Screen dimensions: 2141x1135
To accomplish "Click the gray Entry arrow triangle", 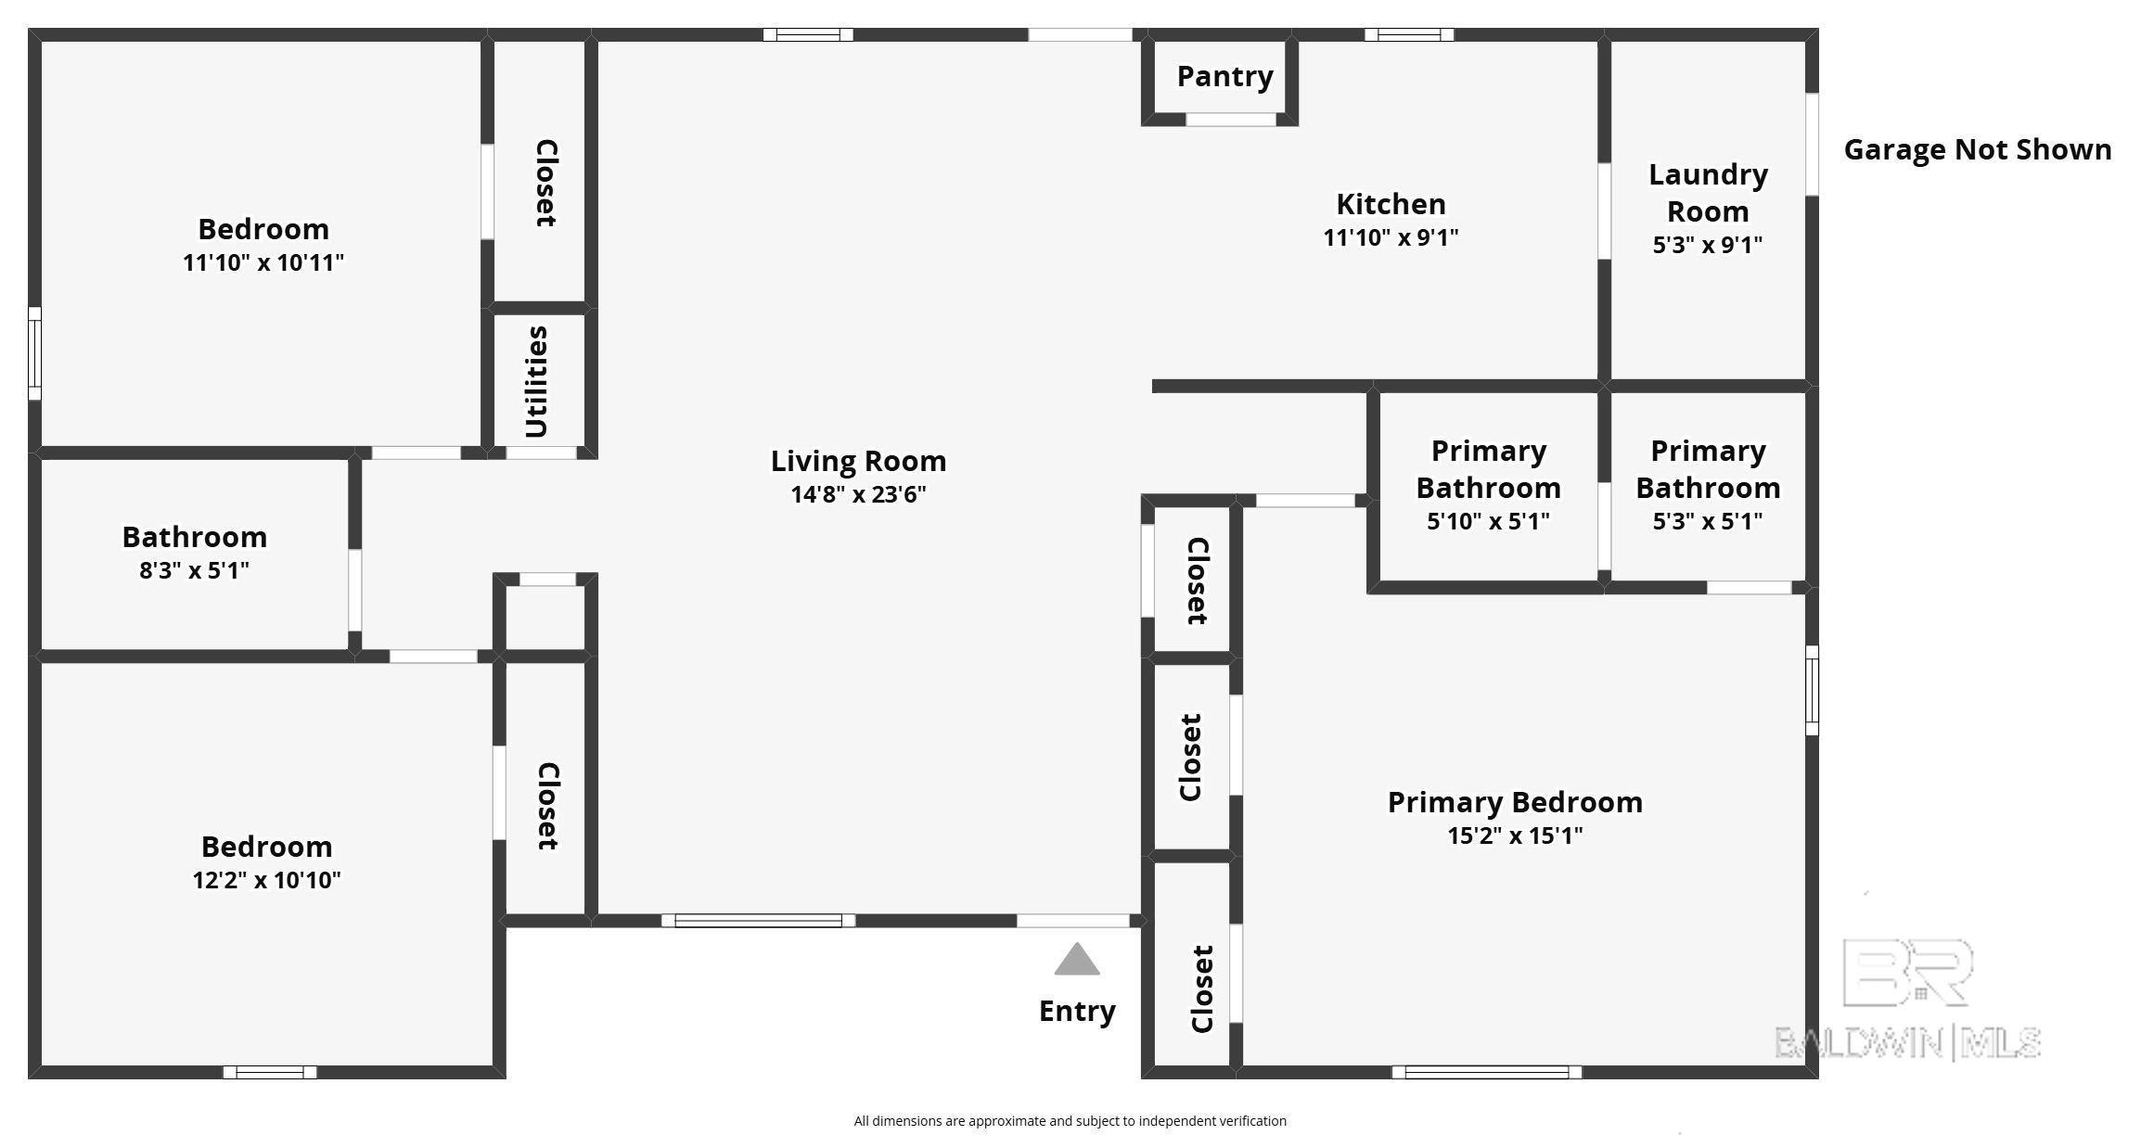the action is (1077, 960).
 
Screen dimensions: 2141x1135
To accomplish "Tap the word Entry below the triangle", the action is (1077, 1011).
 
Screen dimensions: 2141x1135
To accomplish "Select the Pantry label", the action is (1224, 77).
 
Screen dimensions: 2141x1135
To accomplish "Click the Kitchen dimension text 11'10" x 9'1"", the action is (1391, 237).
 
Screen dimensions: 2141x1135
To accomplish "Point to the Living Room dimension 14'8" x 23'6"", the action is (858, 494).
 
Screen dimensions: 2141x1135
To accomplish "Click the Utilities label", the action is (537, 381).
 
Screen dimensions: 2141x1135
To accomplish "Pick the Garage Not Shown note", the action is (1978, 149).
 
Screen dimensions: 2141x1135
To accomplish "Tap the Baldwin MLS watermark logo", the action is (1908, 999).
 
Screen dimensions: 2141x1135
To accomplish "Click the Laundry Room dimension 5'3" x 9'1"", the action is (1708, 245).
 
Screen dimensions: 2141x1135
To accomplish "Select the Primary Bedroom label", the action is (1515, 802).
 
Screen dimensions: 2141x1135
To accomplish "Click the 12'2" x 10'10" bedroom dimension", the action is (266, 880).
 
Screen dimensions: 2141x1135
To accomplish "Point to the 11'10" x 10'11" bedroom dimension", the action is (263, 262).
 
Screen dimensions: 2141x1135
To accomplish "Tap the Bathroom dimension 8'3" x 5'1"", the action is (194, 570).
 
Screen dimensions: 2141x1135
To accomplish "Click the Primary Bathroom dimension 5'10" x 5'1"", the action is (1488, 521).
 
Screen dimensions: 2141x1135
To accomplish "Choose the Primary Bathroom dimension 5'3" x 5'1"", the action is (1708, 521).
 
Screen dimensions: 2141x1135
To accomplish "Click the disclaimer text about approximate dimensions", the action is (1070, 1121).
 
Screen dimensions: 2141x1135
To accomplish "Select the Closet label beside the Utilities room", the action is (546, 183).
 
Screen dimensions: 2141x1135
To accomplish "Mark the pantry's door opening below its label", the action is (1231, 120).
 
